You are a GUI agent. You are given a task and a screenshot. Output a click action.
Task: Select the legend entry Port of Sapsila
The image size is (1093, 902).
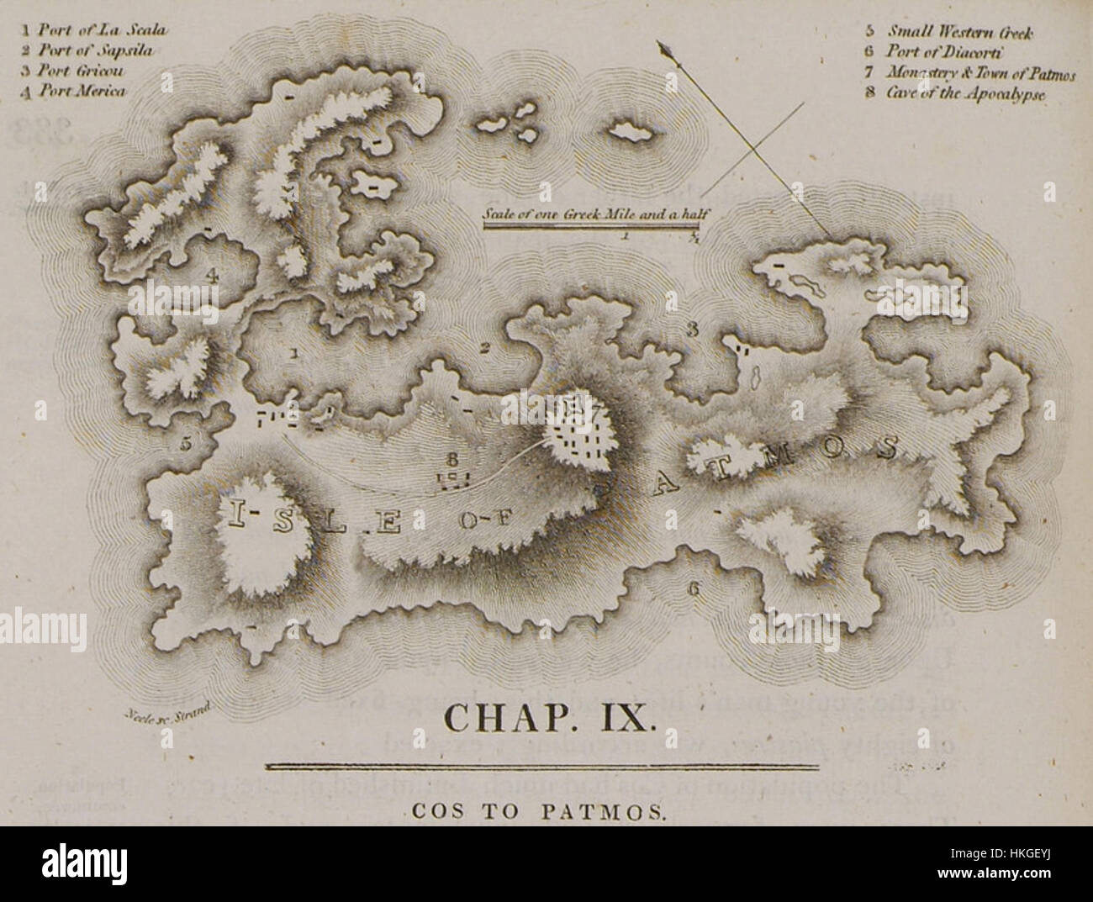click(x=87, y=50)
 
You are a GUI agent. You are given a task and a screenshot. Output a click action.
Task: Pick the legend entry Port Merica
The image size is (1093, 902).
click(x=76, y=91)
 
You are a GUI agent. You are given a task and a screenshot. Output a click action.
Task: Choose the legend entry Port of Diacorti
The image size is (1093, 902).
click(x=942, y=53)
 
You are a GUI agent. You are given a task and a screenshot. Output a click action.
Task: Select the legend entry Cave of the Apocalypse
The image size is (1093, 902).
click(x=957, y=92)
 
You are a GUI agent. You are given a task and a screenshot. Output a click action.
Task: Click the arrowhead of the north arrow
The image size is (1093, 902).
click(x=669, y=52)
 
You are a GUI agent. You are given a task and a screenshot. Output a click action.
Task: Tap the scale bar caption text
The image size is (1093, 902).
click(x=592, y=214)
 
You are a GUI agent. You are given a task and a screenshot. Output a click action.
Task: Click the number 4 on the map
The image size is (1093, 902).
click(x=213, y=274)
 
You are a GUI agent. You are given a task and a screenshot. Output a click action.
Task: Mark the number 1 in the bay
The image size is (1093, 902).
click(x=293, y=354)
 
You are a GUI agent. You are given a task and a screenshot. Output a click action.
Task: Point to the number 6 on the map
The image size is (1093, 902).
click(x=694, y=588)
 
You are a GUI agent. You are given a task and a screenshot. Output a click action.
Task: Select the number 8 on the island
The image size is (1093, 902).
click(x=452, y=460)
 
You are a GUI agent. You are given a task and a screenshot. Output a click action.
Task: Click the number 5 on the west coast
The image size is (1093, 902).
click(x=186, y=443)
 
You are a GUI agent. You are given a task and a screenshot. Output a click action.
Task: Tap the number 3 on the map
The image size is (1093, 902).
click(x=692, y=330)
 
